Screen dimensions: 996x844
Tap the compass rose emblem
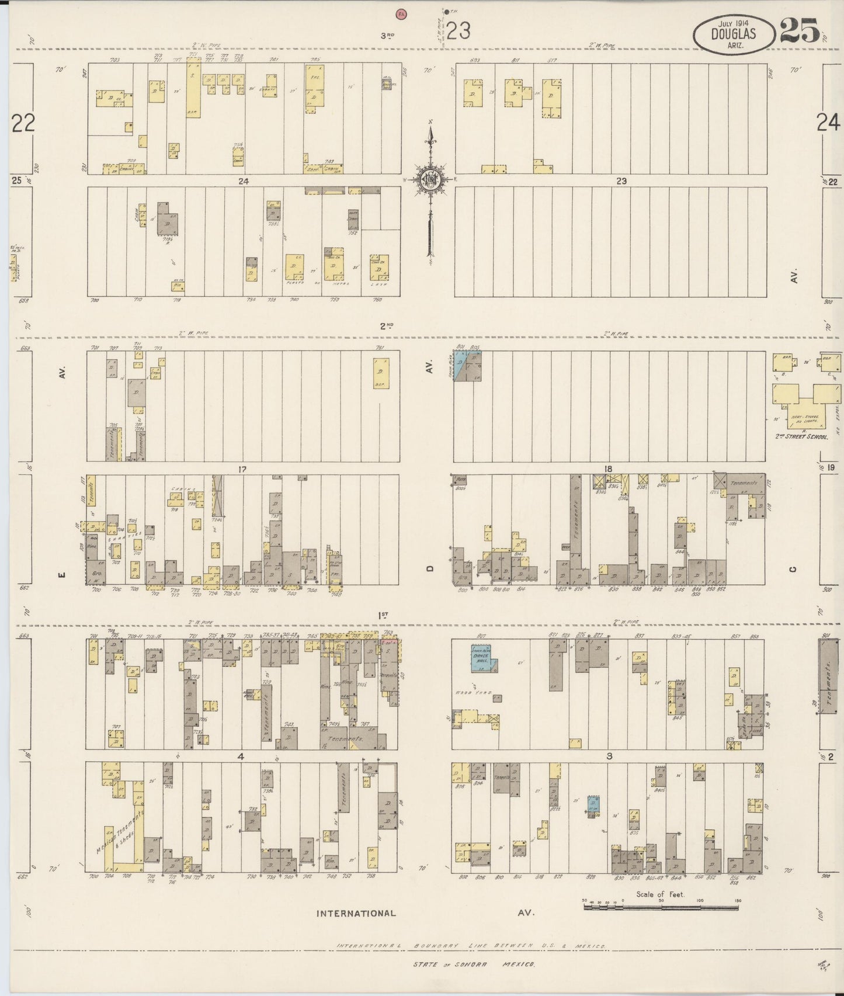(431, 179)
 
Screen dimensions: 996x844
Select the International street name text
(356, 930)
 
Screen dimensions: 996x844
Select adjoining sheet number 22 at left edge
(23, 123)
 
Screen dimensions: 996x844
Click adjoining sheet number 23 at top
(459, 30)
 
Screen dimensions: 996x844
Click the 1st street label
(383, 615)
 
